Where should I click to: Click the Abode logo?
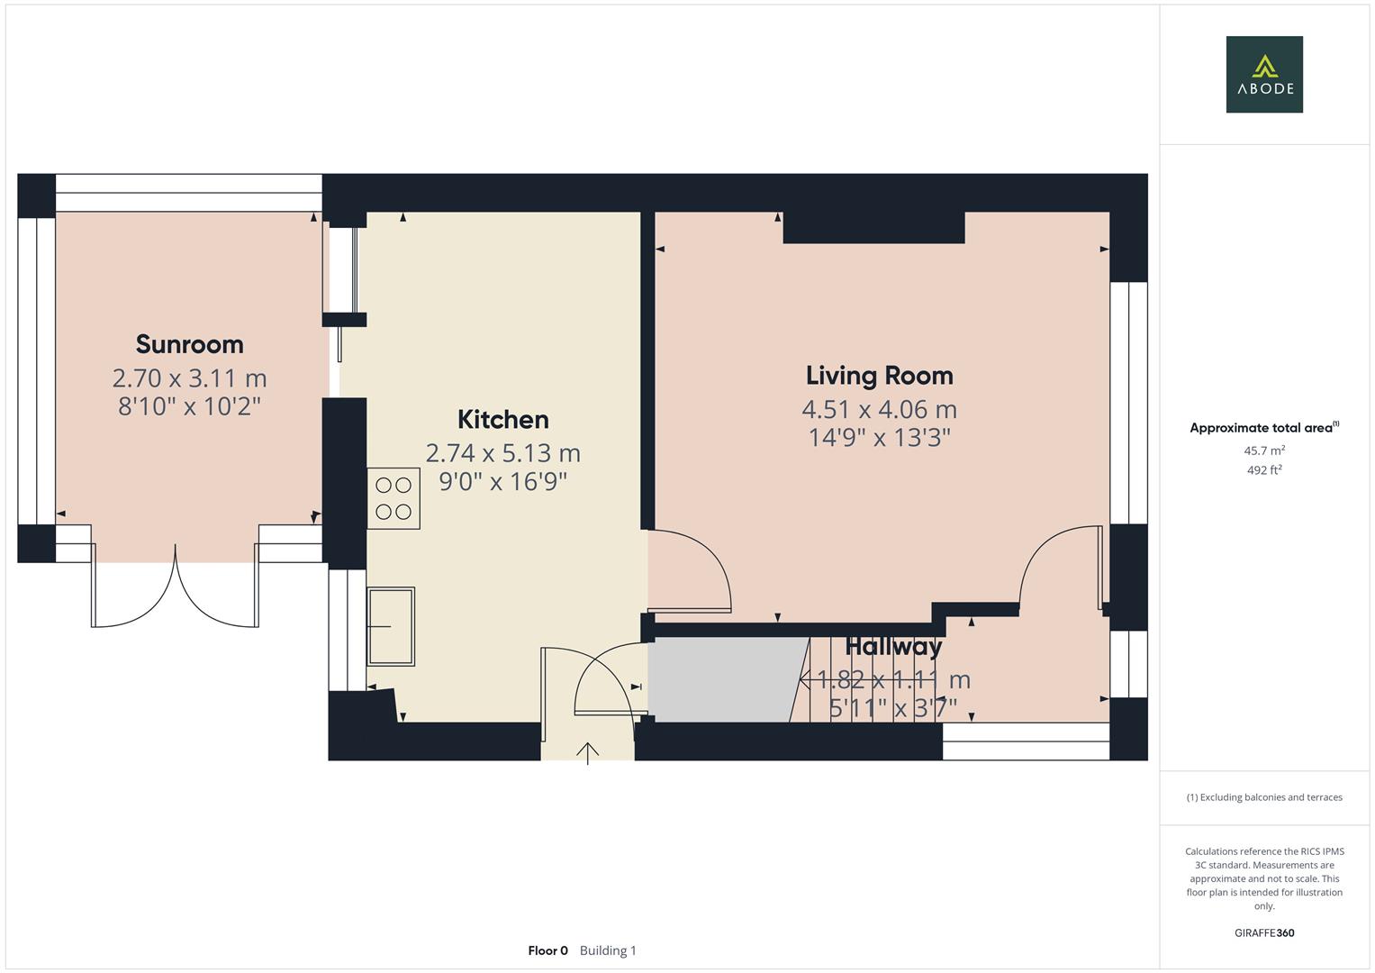1263,75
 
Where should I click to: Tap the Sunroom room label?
189,344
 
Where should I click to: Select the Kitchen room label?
502,420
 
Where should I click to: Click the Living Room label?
879,376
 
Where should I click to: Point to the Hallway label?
893,647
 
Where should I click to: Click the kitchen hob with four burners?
394,498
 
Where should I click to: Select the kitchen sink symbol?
391,626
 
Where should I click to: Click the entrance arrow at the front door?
587,752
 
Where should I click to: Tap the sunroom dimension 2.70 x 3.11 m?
189,377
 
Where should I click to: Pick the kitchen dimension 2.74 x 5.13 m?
502,452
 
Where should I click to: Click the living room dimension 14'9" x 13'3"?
879,438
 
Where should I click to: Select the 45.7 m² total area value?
1263,450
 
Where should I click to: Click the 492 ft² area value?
1263,470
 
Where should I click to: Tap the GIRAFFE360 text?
1263,932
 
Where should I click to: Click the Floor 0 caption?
547,950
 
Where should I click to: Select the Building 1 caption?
608,950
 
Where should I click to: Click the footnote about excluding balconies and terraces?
1263,797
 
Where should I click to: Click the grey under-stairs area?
720,680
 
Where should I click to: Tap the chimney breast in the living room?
873,228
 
